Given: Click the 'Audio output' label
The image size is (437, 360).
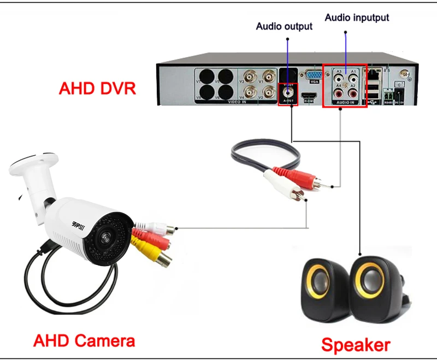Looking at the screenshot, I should click(284, 26).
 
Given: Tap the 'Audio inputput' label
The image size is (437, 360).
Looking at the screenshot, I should click(357, 17).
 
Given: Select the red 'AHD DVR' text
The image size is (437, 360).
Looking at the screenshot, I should click(97, 88).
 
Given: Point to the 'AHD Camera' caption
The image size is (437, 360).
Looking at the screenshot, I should click(84, 341).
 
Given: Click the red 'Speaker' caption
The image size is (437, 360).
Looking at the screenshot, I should click(356, 345).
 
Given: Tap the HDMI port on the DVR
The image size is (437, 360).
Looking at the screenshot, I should click(309, 96).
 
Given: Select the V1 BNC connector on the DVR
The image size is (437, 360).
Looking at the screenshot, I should click(268, 76).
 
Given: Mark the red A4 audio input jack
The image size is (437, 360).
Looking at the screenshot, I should click(339, 94).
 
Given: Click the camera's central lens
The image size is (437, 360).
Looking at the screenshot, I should click(102, 239).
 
